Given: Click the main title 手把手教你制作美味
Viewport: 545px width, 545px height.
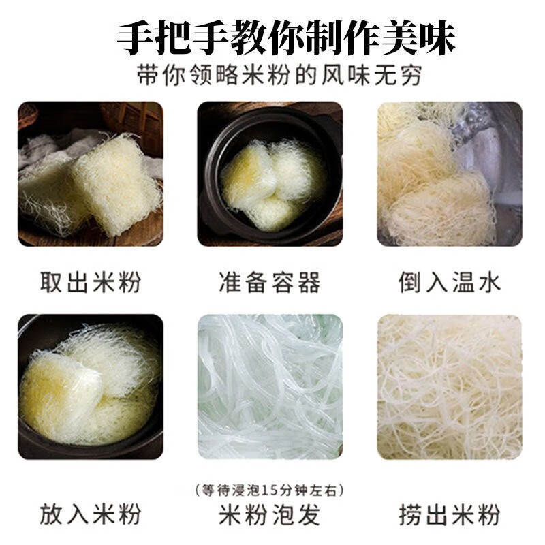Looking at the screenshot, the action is click(286, 38).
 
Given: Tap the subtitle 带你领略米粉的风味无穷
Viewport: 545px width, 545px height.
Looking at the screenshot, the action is click(279, 75).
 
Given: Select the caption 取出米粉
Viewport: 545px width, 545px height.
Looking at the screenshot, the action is click(91, 282).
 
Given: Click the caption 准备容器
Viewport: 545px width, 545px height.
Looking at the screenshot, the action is click(270, 282).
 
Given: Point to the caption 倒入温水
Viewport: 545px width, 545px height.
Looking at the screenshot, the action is click(450, 282).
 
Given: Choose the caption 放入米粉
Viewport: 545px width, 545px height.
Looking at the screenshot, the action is click(91, 514).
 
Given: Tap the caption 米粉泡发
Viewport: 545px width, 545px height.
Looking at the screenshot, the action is click(270, 514).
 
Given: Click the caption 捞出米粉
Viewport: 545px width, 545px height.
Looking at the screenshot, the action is click(450, 514).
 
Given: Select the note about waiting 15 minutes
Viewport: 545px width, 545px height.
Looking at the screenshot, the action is click(269, 490).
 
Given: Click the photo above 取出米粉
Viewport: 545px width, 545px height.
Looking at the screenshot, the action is click(91, 174).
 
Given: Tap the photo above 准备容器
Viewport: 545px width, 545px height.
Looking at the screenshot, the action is click(270, 174).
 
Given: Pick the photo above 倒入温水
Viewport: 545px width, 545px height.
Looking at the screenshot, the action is click(450, 174).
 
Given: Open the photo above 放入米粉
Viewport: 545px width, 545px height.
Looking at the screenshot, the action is click(91, 387).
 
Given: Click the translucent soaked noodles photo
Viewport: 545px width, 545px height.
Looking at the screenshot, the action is click(270, 387).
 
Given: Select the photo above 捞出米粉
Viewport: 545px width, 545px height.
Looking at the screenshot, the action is click(450, 387).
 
